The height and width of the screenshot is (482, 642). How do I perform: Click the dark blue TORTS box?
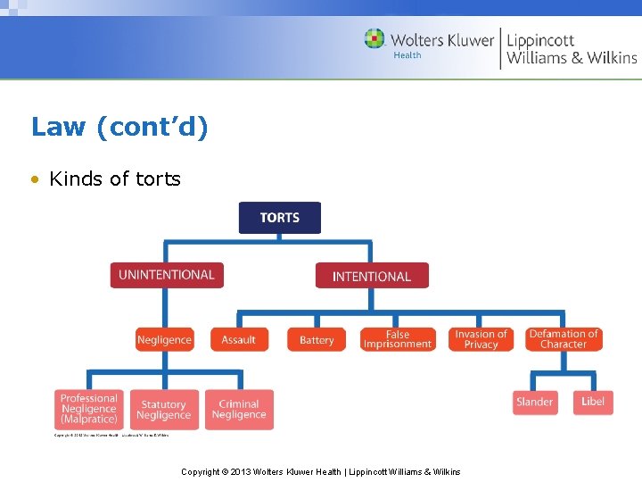(x=279, y=218)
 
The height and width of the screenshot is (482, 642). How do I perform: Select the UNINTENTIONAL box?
(x=167, y=275)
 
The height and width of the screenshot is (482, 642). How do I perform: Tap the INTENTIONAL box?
(x=371, y=276)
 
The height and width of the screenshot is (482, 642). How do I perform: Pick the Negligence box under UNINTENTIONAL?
(x=164, y=339)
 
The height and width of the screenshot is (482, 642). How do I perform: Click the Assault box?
(x=238, y=339)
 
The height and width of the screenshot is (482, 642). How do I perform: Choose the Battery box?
(x=317, y=339)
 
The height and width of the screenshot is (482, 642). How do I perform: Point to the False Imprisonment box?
(x=398, y=339)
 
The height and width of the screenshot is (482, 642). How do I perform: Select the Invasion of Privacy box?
(x=481, y=339)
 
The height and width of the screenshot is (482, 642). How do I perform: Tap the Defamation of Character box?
(x=564, y=339)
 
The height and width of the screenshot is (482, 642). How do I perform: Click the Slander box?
(x=534, y=402)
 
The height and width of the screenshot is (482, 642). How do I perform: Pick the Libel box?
(x=593, y=402)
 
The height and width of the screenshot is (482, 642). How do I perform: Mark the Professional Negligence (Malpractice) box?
(x=89, y=409)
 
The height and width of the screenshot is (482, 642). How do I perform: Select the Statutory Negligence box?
(x=163, y=410)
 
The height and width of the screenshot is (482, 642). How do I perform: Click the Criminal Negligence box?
(x=239, y=410)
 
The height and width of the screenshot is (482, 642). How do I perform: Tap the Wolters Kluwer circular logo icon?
(x=374, y=39)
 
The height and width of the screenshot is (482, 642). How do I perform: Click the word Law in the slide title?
(x=58, y=128)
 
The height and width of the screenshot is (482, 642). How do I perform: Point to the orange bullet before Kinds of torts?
(x=34, y=179)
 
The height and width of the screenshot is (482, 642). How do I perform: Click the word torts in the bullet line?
(x=158, y=179)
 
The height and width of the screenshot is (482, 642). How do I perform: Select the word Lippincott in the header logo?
(x=540, y=40)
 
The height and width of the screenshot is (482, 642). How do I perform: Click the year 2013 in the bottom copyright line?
(x=239, y=471)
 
